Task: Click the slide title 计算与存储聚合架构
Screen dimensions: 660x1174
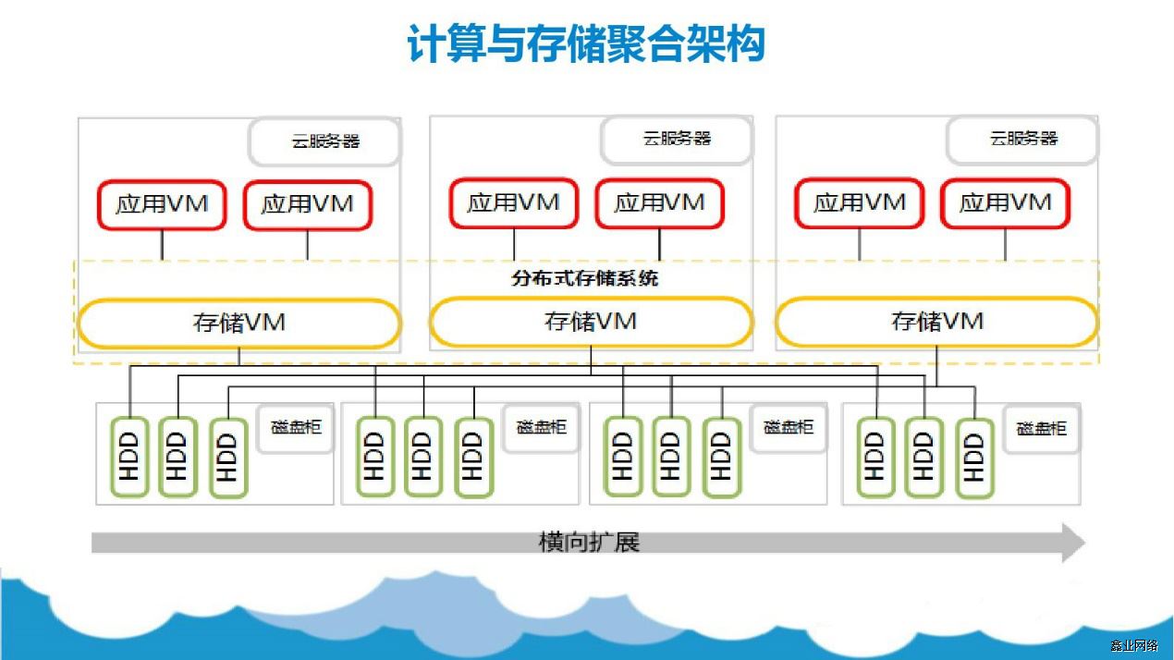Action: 586,43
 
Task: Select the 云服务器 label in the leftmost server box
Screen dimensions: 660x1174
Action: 325,141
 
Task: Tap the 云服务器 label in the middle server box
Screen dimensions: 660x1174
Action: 677,139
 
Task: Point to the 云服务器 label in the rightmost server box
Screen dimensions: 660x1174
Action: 1022,139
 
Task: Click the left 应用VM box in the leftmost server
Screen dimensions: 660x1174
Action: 162,204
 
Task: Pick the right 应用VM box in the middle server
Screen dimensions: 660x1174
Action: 659,203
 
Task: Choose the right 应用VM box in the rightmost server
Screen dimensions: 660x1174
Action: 1005,203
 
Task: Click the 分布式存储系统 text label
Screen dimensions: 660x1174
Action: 584,277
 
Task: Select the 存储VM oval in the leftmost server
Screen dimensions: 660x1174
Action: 239,323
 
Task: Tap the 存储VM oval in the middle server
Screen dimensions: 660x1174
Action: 591,322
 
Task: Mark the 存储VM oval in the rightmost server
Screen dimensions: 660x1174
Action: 936,322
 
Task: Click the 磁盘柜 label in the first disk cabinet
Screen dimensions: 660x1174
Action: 295,427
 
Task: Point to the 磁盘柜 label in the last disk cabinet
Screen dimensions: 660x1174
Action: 1041,429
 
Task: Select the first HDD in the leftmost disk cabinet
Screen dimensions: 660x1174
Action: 129,457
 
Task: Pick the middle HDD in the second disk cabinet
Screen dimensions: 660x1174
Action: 422,457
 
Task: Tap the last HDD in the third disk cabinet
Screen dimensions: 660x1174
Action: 721,457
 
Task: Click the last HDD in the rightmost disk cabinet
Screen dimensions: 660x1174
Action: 973,458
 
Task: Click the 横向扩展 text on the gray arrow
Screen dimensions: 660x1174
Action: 589,542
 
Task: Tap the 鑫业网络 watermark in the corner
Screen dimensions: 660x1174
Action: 1133,645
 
